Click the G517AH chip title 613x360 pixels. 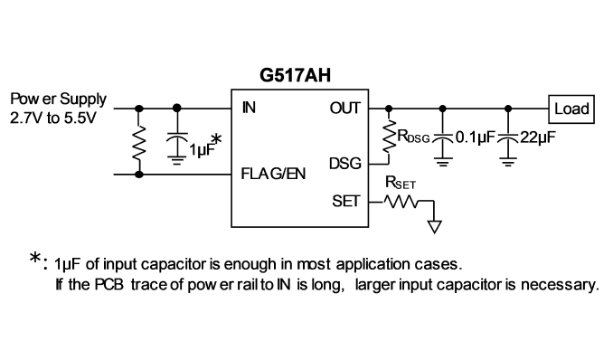pos(295,75)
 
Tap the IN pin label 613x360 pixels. pos(249,108)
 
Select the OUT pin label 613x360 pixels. pos(344,108)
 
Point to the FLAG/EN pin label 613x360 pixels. pos(273,174)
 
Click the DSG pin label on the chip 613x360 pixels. pos(345,164)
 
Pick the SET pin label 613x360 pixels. pos(346,201)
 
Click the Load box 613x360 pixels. pos(571,109)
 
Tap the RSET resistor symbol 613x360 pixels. pos(401,202)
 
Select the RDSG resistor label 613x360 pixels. pos(413,137)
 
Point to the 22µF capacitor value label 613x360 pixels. pos(538,137)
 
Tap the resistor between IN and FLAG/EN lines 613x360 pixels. pos(139,142)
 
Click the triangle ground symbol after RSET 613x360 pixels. pos(435,227)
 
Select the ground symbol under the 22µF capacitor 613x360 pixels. pos(508,162)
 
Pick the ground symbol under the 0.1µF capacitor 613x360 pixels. pos(442,162)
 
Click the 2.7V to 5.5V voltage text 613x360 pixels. pos(52,118)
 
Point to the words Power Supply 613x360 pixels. pos(58,99)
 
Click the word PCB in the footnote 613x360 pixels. pos(108,285)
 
